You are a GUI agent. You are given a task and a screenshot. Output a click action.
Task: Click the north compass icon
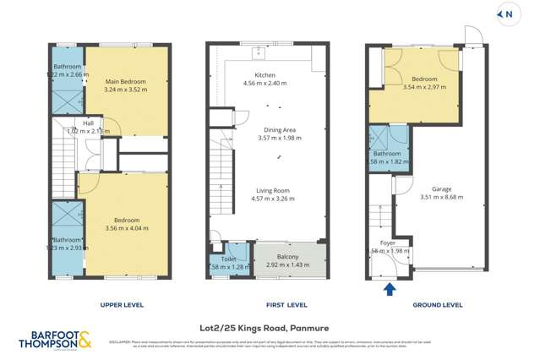pyautogui.click(x=508, y=14)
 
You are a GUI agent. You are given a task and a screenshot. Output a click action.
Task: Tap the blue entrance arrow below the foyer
pyautogui.click(x=390, y=291)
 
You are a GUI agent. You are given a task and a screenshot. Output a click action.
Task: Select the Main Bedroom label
pyautogui.click(x=126, y=82)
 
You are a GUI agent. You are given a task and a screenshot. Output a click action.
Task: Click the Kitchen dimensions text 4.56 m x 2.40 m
pyautogui.click(x=265, y=84)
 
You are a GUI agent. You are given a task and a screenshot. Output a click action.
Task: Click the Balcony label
pyautogui.click(x=289, y=256)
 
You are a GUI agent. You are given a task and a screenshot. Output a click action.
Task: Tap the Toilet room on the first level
pyautogui.click(x=228, y=262)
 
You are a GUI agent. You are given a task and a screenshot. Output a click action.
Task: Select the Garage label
pyautogui.click(x=441, y=189)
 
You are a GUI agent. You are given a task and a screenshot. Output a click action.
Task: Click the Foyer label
pyautogui.click(x=388, y=243)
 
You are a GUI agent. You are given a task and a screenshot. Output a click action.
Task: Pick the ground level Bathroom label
pyautogui.click(x=388, y=153)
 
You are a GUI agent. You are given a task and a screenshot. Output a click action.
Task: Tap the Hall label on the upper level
pyautogui.click(x=88, y=123)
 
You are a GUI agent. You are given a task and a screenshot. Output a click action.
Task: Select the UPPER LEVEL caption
pyautogui.click(x=123, y=305)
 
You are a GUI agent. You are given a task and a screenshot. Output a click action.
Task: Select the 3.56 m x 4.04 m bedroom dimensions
pyautogui.click(x=126, y=228)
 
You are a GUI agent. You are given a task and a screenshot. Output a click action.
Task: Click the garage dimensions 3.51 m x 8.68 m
pyautogui.click(x=441, y=198)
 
